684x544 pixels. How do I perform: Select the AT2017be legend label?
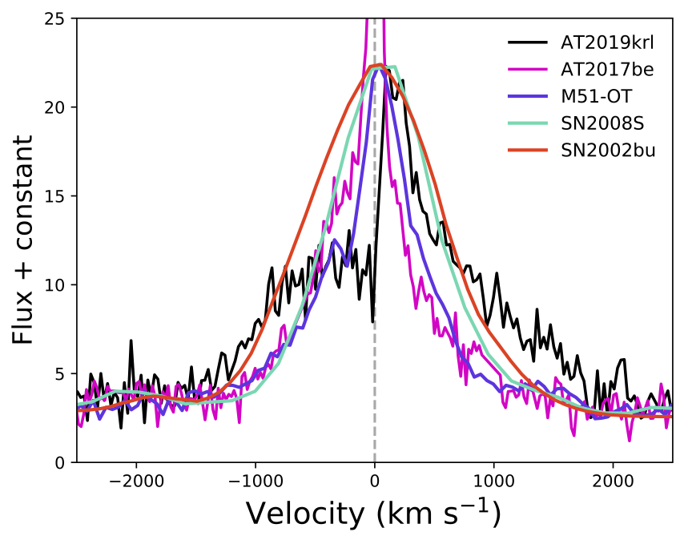[x=607, y=70]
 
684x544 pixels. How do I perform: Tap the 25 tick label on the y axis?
[x=56, y=18]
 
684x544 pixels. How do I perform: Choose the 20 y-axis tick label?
[x=56, y=107]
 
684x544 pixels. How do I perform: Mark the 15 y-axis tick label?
[x=56, y=196]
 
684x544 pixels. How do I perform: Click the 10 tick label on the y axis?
[x=56, y=285]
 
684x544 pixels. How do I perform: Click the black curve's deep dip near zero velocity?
[x=373, y=321]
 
